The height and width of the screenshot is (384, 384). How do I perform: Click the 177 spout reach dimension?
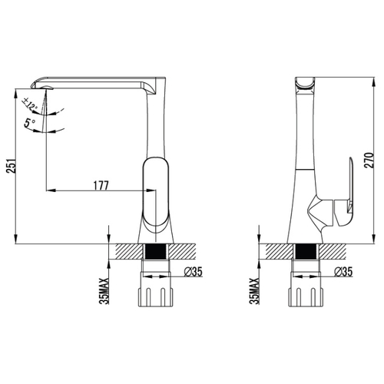point(101,186)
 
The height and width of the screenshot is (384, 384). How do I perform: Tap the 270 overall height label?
point(369,161)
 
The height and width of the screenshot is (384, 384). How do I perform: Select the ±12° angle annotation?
point(30,104)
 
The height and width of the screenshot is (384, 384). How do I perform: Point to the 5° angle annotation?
point(30,123)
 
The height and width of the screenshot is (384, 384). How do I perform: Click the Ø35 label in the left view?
point(194,272)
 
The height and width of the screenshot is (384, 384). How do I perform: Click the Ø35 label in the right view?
point(343,272)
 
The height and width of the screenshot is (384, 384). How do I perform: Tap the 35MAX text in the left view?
point(104,291)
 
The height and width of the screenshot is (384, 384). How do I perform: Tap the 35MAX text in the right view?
point(255,291)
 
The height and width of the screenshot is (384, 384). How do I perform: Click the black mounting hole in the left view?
point(155,251)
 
